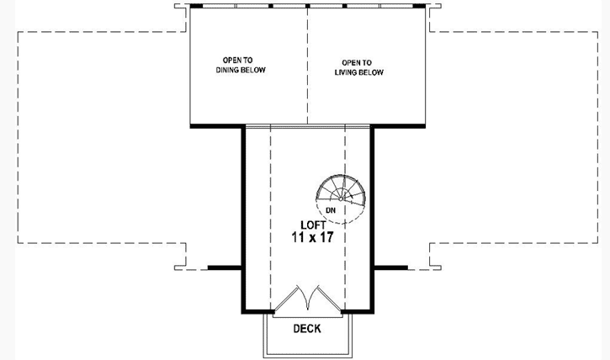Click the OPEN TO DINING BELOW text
coord(241,65)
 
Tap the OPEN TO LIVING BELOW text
coord(363,67)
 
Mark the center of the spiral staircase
coord(342,195)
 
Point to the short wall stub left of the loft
coord(225,267)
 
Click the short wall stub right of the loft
coord(390,267)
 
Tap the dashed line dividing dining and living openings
coord(307,67)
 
